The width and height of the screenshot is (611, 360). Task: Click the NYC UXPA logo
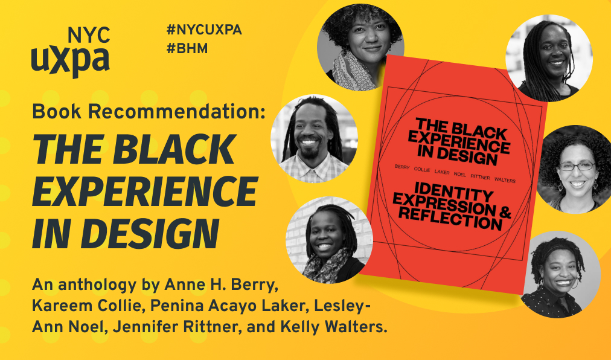(71, 52)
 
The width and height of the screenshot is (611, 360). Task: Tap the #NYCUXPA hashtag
(203, 30)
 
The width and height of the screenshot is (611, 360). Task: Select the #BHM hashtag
(187, 49)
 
